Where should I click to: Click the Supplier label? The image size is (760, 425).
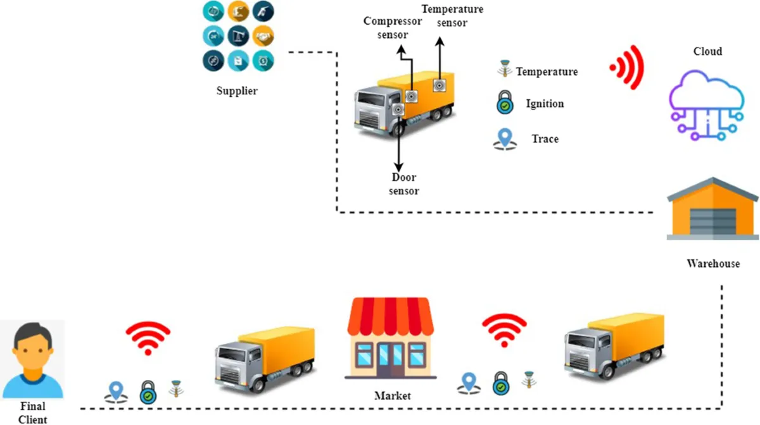(x=237, y=90)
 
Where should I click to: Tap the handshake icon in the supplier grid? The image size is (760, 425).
(x=263, y=35)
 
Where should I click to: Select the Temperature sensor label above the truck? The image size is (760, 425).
(x=452, y=16)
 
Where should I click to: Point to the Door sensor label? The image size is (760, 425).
(x=404, y=184)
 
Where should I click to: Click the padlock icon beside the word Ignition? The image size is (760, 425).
(x=504, y=103)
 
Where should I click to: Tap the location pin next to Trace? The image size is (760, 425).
(x=504, y=139)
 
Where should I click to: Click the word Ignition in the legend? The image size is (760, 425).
(x=545, y=103)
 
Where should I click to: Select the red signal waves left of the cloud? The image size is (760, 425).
(x=627, y=67)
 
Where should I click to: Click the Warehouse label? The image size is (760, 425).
(x=713, y=263)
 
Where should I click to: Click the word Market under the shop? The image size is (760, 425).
(x=392, y=396)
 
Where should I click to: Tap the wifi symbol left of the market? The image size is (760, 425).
(x=148, y=338)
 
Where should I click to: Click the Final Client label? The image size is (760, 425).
(x=32, y=412)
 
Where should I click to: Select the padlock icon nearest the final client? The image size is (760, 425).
(x=148, y=392)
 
